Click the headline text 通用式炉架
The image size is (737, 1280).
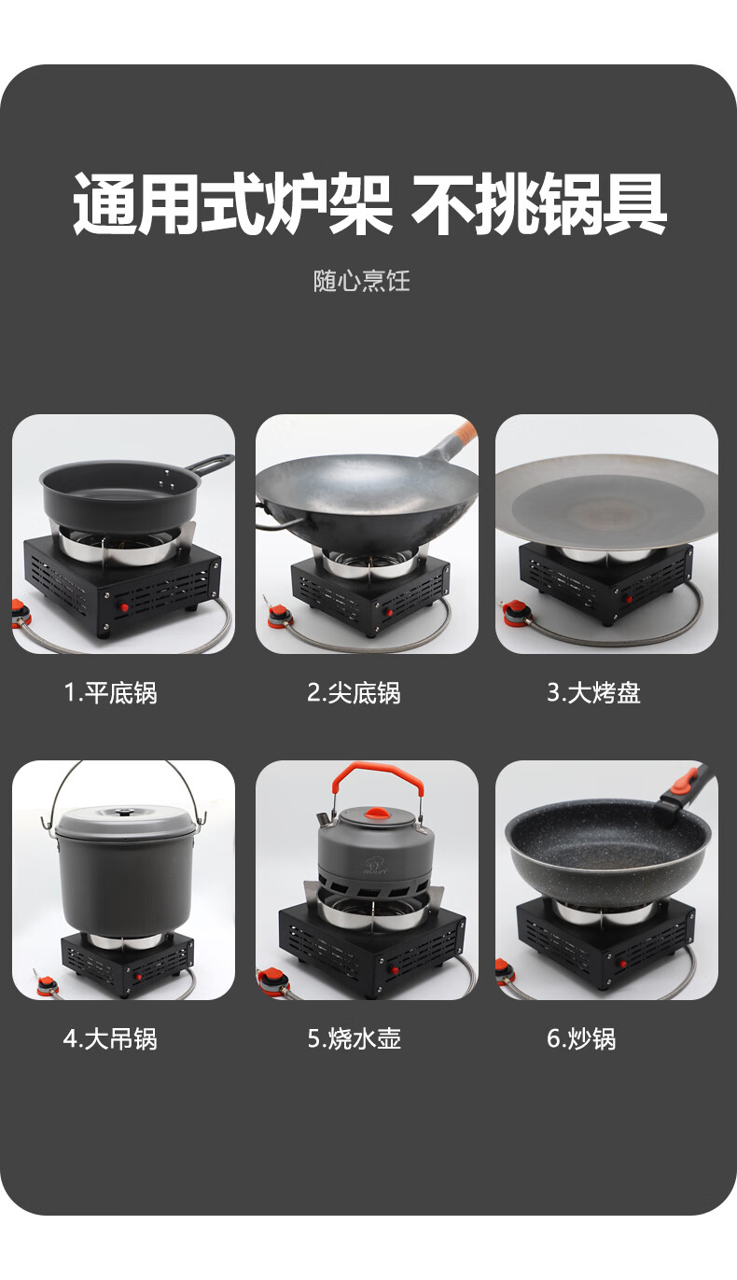pos(232,202)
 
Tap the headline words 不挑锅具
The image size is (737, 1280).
pos(539,202)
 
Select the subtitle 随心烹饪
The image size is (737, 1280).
pos(362,281)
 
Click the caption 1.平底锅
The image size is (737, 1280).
pos(111,692)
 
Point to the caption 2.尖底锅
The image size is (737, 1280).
pos(354,692)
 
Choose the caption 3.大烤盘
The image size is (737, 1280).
pos(593,692)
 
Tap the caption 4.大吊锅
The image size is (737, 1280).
pos(110,1038)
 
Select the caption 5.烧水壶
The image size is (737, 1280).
pos(355,1038)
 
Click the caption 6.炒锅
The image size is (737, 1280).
pos(581,1038)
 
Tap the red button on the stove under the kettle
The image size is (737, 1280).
pos(393,970)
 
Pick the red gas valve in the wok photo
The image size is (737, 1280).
pos(277,618)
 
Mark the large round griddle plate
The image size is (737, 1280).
pos(606,499)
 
